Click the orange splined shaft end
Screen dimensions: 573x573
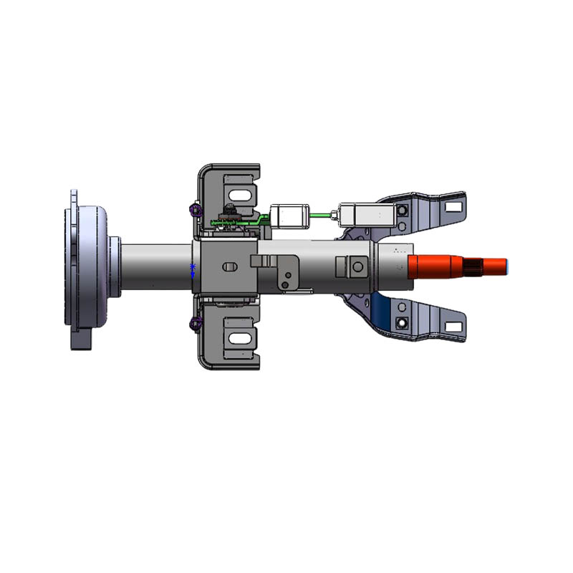[x=458, y=266]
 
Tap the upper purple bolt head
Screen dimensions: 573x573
[x=193, y=210]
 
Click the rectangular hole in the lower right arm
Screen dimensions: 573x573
[x=452, y=327]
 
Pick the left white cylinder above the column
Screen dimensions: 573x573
[x=288, y=215]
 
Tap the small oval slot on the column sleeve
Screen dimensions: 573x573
[x=229, y=266]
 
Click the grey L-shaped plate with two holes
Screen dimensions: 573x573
[x=287, y=273]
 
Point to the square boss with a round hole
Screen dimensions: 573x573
[x=356, y=266]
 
